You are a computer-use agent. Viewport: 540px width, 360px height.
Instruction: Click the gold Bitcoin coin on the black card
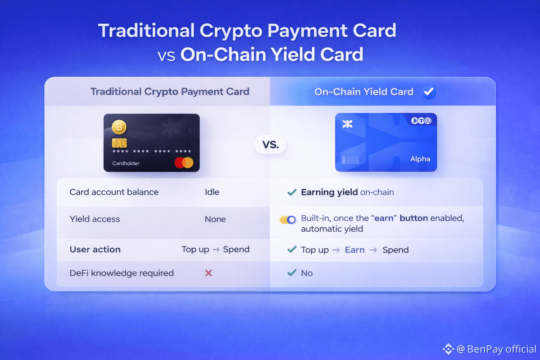click(x=119, y=127)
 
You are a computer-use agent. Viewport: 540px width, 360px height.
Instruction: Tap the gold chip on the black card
click(x=119, y=143)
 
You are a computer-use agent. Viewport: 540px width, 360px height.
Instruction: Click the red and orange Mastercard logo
click(x=184, y=163)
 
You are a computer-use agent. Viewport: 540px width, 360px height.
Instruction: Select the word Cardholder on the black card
click(x=126, y=163)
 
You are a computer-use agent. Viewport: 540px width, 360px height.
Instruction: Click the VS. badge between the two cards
click(x=270, y=145)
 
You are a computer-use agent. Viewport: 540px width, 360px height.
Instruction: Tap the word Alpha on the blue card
click(x=420, y=159)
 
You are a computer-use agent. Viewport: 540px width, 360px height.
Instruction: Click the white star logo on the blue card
click(x=347, y=124)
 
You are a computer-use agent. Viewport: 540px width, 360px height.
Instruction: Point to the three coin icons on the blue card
click(x=421, y=121)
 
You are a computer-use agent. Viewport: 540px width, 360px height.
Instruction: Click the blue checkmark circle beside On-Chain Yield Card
click(x=429, y=92)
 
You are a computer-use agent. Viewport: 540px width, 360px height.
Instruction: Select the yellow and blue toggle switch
click(x=288, y=219)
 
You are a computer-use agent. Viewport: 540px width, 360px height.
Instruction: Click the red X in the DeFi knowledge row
click(x=208, y=273)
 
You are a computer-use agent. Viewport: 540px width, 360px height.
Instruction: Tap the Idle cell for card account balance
click(x=212, y=192)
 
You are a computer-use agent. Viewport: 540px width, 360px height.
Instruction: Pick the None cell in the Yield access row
click(x=215, y=219)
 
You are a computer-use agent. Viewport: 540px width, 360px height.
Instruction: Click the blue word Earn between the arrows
click(x=355, y=250)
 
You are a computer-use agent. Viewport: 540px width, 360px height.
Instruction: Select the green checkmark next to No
click(x=292, y=273)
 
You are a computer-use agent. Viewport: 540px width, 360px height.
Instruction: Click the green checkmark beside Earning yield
click(x=292, y=192)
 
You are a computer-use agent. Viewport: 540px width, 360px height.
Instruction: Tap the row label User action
click(x=95, y=249)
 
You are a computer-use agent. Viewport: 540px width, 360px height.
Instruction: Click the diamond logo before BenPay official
click(x=448, y=349)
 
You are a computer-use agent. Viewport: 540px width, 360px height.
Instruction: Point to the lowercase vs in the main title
click(x=166, y=56)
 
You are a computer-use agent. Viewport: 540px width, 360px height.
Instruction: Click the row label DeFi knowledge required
click(x=122, y=273)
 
